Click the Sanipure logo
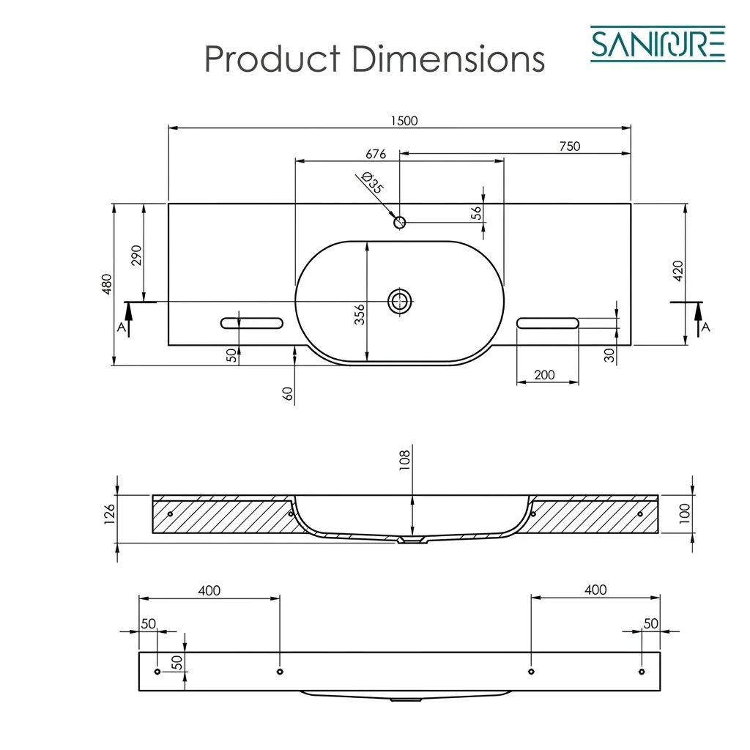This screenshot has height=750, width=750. pyautogui.click(x=658, y=44)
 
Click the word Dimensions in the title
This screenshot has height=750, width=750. pyautogui.click(x=448, y=59)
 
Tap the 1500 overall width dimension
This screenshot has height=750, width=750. pyautogui.click(x=404, y=121)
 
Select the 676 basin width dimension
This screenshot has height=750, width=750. pyautogui.click(x=376, y=154)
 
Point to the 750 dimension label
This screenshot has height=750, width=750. pyautogui.click(x=570, y=146)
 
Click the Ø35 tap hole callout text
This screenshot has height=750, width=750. pyautogui.click(x=373, y=182)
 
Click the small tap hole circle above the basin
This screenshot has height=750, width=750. pyautogui.click(x=400, y=222)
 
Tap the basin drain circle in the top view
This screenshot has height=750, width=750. pyautogui.click(x=400, y=301)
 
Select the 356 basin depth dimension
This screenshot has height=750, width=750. pyautogui.click(x=359, y=314)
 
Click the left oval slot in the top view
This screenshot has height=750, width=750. pyautogui.click(x=252, y=323)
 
